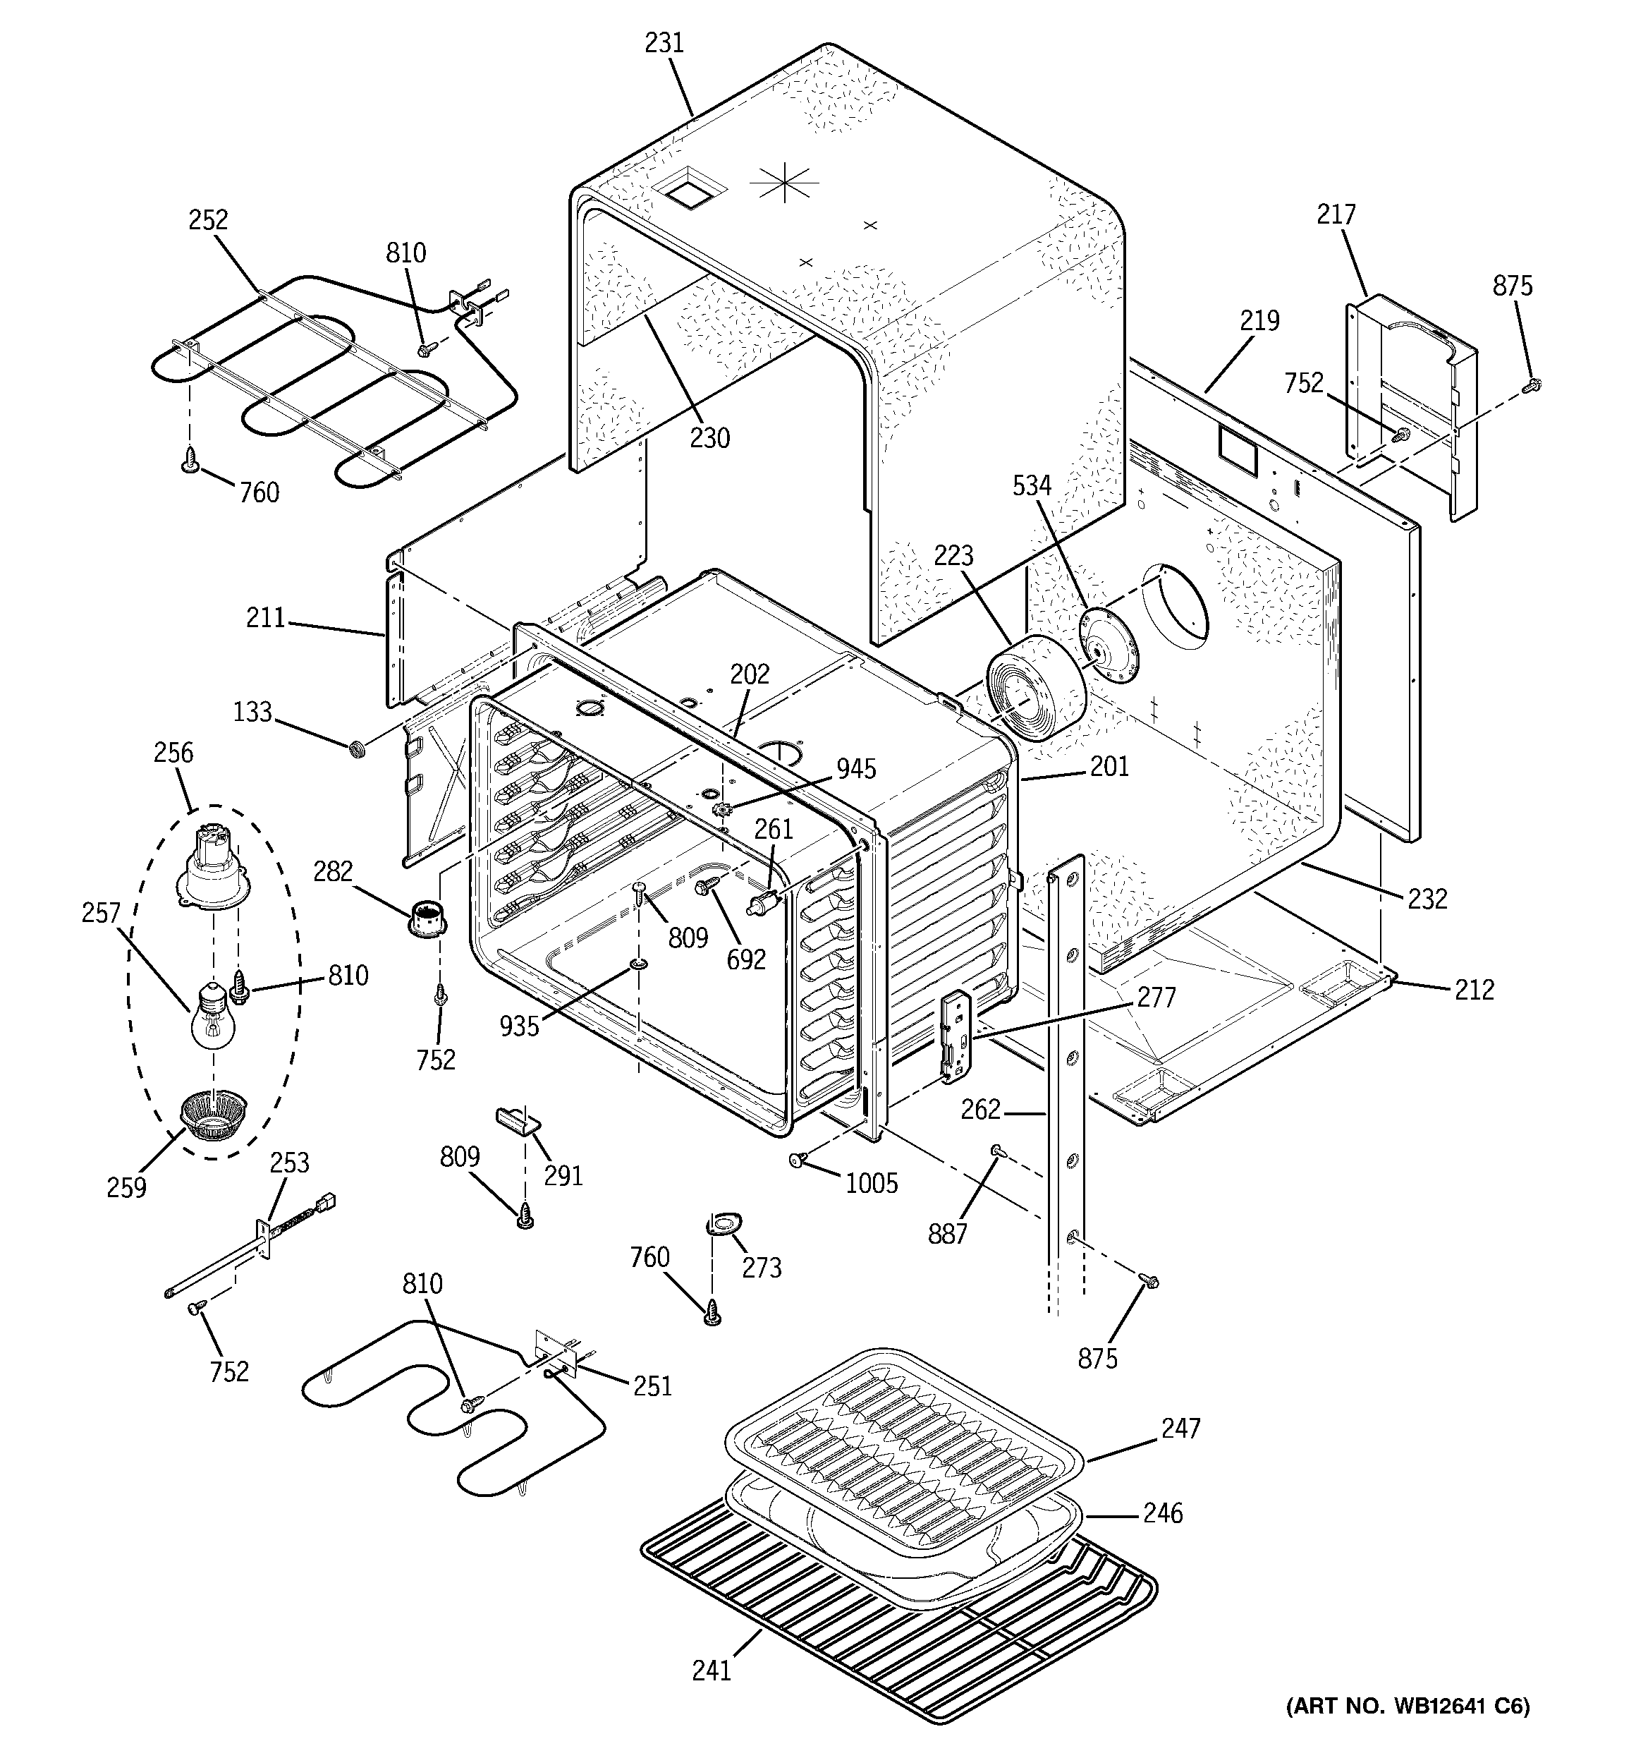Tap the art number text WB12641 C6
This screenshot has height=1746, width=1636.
[1408, 1706]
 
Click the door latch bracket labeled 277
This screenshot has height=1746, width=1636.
[957, 1036]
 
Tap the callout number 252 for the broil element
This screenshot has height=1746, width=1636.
[208, 220]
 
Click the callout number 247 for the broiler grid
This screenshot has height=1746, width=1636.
[1180, 1429]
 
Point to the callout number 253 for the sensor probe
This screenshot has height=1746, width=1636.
[289, 1163]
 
